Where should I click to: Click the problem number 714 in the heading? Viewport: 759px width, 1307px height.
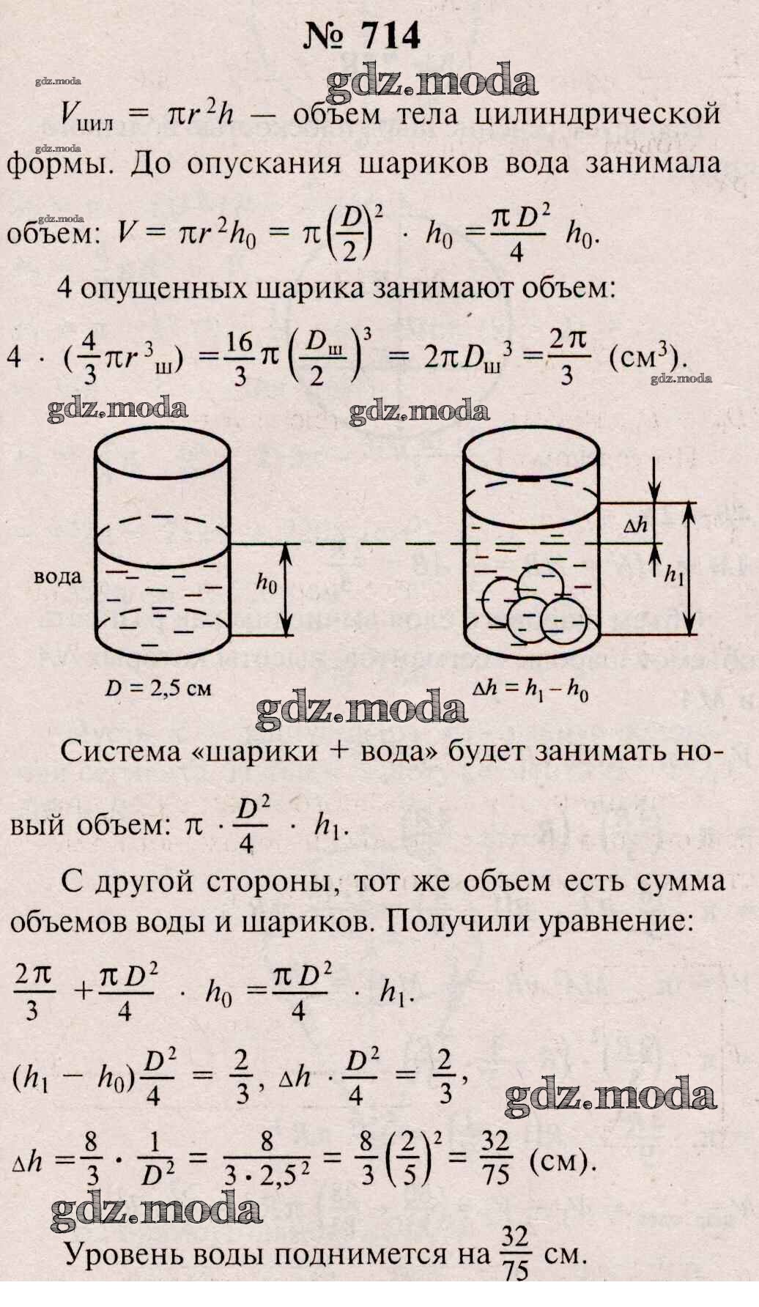[391, 35]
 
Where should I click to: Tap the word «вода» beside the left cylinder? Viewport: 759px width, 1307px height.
[58, 577]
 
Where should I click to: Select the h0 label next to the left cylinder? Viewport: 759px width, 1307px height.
[267, 582]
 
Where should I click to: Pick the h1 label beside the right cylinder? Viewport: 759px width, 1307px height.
[673, 576]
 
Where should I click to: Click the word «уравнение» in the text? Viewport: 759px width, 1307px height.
[615, 921]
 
